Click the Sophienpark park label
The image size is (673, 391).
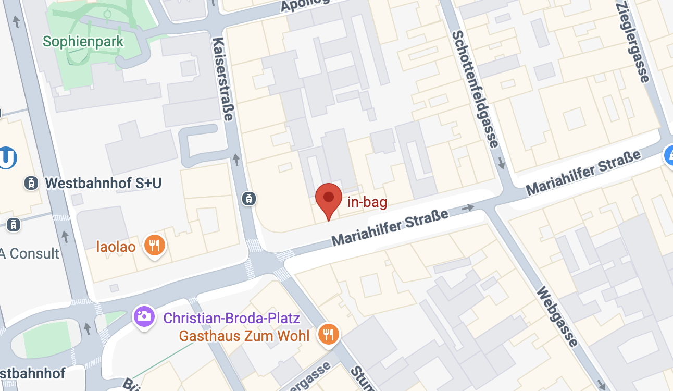click(83, 41)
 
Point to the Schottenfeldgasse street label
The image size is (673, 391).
click(476, 89)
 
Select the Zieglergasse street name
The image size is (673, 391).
click(633, 42)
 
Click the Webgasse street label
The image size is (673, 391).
click(557, 316)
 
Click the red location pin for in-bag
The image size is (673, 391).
click(329, 200)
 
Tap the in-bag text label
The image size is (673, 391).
click(367, 202)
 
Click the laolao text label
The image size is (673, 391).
click(116, 246)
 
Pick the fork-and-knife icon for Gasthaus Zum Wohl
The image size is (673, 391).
click(328, 334)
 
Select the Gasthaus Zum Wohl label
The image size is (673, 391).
click(244, 336)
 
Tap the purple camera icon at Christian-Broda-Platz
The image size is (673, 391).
click(143, 316)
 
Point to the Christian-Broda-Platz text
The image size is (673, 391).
click(232, 318)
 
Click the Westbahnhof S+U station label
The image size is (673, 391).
click(103, 183)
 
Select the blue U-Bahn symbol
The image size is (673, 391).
click(6, 158)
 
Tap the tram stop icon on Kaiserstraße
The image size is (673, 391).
click(250, 198)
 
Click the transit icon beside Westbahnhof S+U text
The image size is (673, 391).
click(31, 183)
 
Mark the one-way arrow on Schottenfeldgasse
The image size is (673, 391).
click(502, 164)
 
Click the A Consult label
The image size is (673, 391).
click(30, 254)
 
